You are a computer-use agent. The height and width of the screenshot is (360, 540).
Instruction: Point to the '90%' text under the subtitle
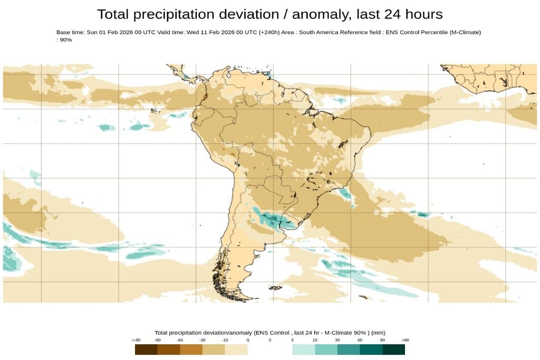(x=66, y=40)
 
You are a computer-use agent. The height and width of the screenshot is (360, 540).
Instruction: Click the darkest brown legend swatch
(x=146, y=349)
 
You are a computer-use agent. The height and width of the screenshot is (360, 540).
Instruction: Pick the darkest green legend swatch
(x=393, y=349)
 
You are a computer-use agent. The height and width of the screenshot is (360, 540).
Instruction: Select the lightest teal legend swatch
(x=304, y=349)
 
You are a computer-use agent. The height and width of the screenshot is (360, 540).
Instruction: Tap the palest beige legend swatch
(x=236, y=349)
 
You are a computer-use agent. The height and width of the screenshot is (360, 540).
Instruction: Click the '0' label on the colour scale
(x=270, y=340)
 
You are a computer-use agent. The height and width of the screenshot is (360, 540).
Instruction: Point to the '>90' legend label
(x=405, y=340)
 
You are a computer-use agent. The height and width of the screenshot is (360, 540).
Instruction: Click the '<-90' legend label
(x=137, y=340)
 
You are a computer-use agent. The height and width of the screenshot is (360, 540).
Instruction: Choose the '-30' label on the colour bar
(x=202, y=340)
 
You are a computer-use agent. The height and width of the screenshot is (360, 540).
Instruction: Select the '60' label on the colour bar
(x=360, y=340)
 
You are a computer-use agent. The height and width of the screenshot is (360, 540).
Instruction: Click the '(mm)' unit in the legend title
(x=378, y=333)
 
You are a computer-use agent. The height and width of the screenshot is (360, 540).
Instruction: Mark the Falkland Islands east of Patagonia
(x=274, y=288)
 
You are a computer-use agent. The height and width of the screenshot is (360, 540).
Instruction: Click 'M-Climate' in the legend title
(x=335, y=333)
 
